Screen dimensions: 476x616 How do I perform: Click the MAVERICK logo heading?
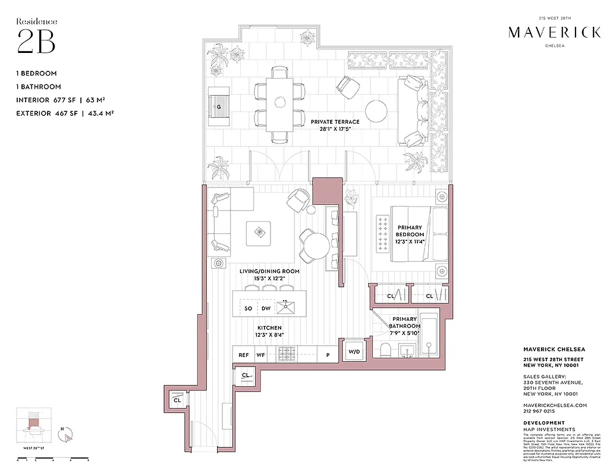[554, 33]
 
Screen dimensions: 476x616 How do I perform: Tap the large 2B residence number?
[36, 42]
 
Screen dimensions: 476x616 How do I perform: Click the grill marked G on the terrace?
[219, 106]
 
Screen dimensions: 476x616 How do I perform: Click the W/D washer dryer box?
[354, 352]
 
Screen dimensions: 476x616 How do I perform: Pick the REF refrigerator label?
[244, 355]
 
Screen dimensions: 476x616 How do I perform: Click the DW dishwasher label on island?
[266, 308]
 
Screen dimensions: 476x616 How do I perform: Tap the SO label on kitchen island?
[248, 308]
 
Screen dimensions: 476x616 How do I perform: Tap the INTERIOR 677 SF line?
[65, 99]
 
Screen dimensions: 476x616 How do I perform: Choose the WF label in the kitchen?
[260, 355]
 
